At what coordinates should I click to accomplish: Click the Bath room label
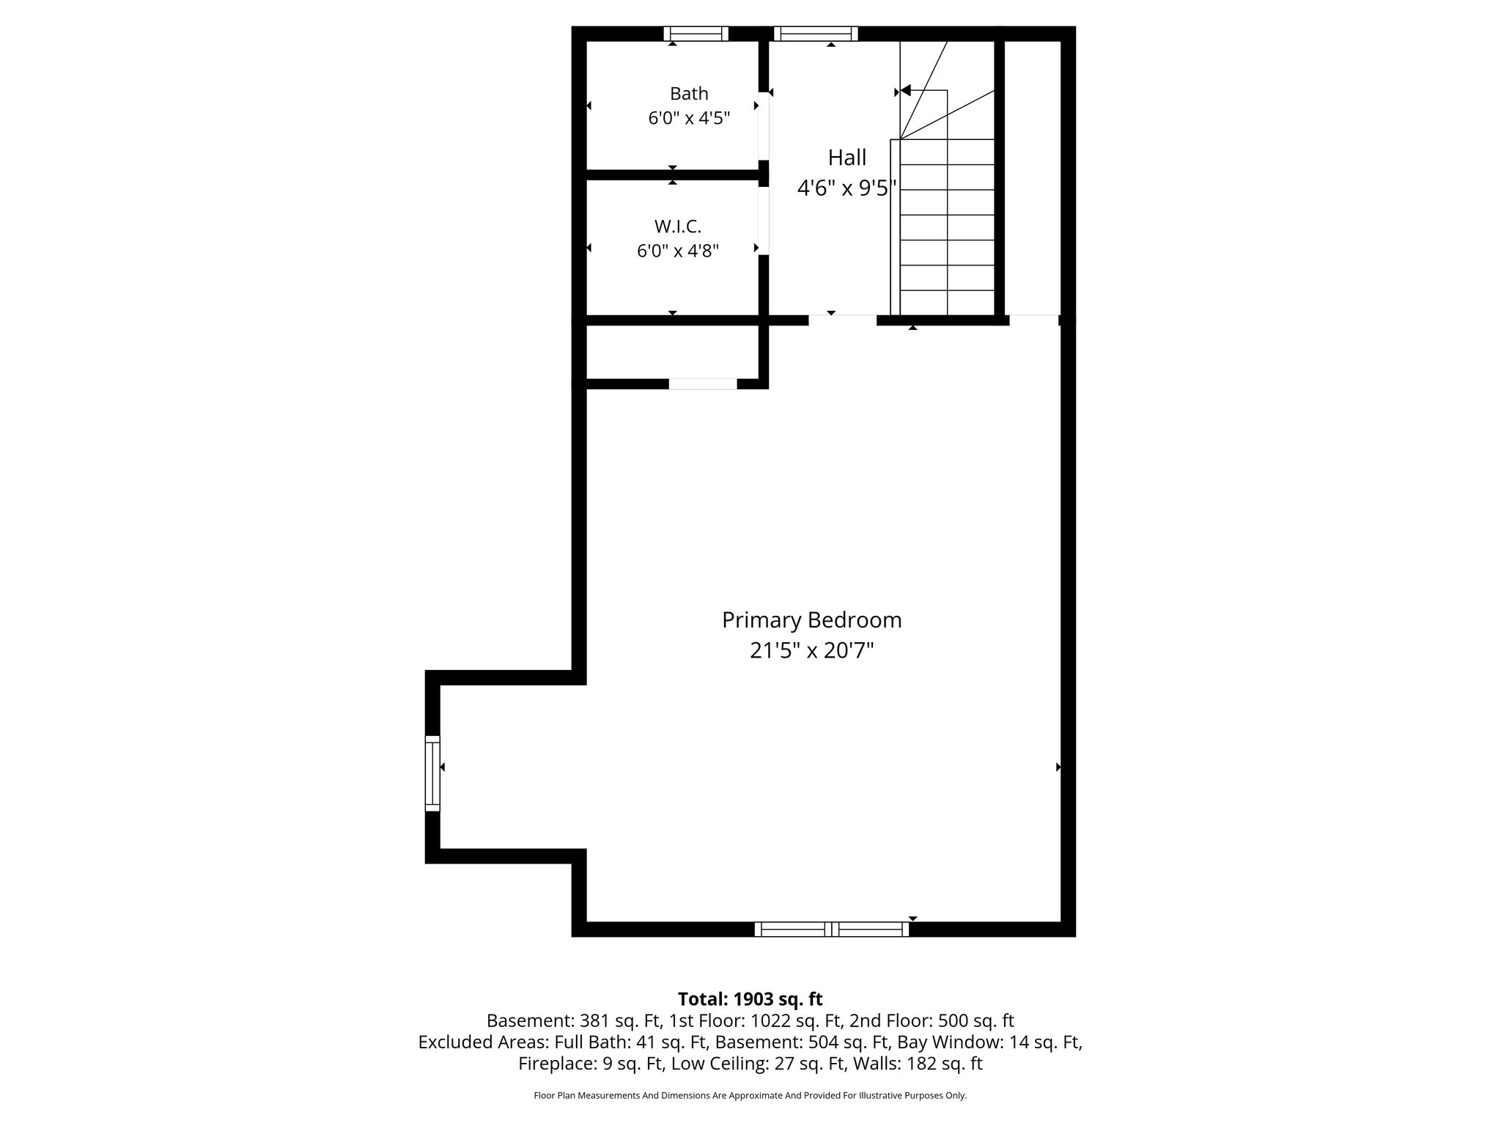(x=689, y=94)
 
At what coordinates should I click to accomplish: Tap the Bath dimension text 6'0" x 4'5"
(x=689, y=118)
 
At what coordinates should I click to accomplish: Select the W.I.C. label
(x=678, y=226)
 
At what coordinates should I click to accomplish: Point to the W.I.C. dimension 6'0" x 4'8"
(x=678, y=251)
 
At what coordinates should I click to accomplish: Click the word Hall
(x=847, y=158)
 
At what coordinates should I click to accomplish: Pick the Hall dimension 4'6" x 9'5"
(x=847, y=188)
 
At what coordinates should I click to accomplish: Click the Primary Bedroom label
(x=812, y=620)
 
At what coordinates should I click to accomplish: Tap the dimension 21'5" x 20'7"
(x=812, y=650)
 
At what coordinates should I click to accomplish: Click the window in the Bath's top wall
(x=696, y=34)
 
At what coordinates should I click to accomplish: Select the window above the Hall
(x=816, y=34)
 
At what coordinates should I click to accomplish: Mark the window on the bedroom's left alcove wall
(x=432, y=773)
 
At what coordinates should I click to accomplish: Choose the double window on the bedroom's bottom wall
(x=832, y=930)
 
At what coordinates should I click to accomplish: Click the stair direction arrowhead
(x=905, y=91)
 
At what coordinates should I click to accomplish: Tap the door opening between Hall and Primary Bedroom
(x=843, y=320)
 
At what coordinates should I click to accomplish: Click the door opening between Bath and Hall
(x=764, y=126)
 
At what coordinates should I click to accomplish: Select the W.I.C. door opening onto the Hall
(x=764, y=221)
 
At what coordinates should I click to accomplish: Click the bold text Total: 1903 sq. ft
(x=750, y=999)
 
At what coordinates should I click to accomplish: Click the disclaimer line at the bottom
(x=750, y=1096)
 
